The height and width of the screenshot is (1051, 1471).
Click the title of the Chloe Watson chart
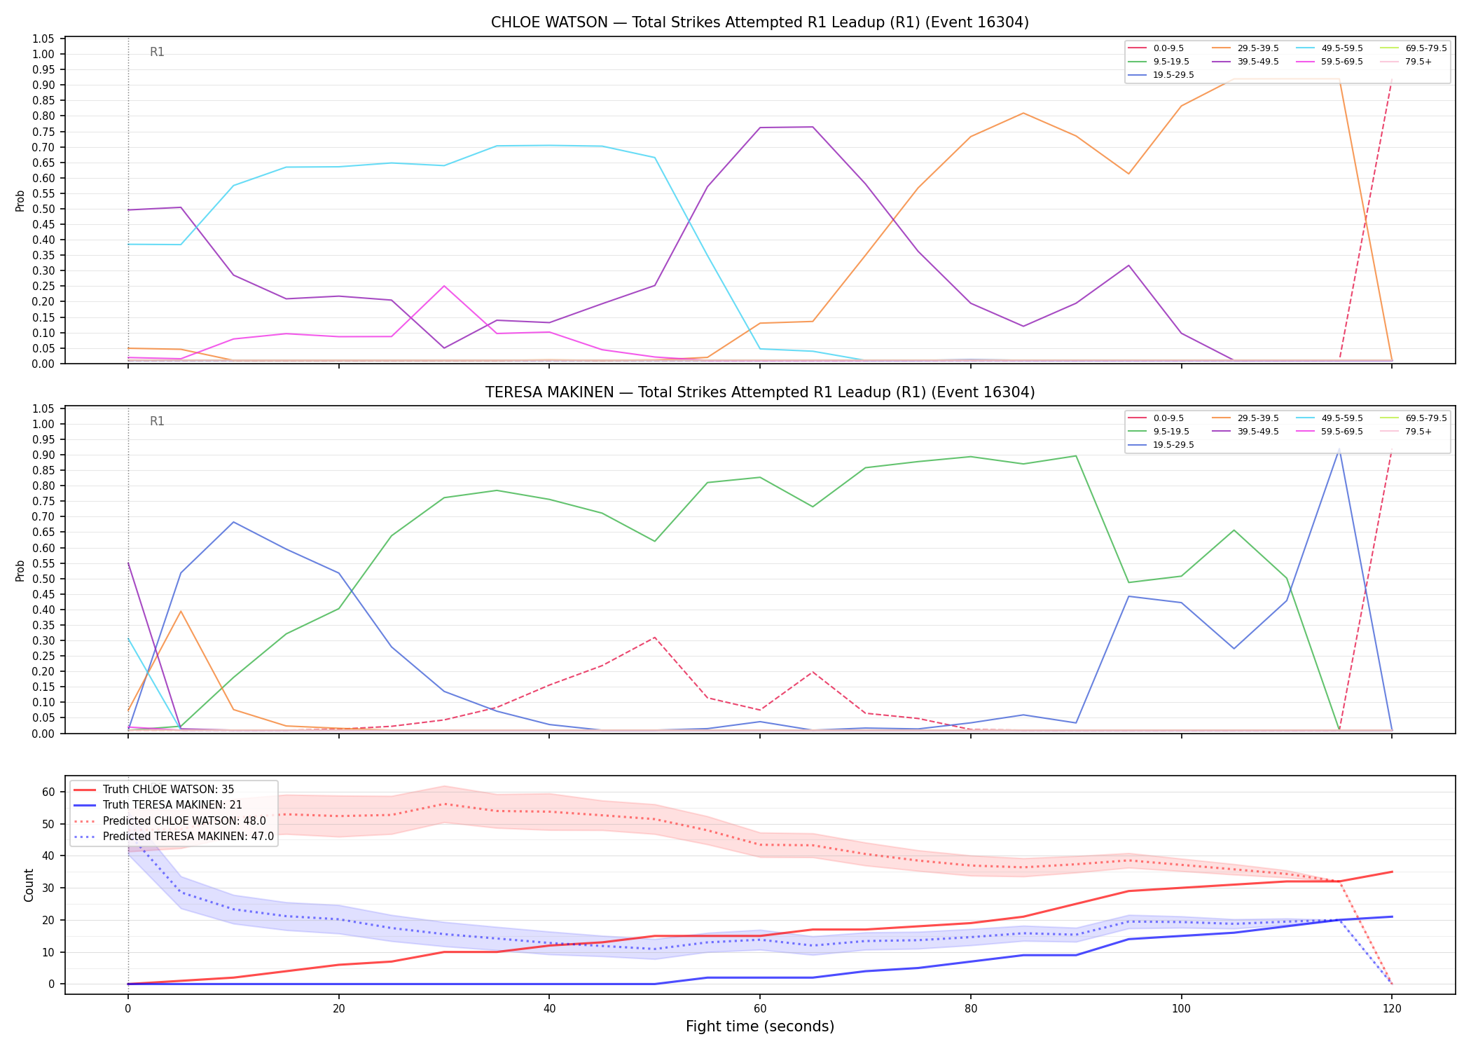760,22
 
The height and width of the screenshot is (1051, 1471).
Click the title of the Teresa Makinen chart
760,392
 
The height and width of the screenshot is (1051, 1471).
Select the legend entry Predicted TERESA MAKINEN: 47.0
173,837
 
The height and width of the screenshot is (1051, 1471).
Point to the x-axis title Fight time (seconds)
760,1026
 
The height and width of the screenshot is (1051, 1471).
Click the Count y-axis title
29,885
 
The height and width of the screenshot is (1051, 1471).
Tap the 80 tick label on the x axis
970,1009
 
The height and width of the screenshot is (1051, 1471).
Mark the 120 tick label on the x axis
1391,1009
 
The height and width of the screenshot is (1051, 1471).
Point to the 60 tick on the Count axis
49,792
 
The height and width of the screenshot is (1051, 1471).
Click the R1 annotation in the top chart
157,52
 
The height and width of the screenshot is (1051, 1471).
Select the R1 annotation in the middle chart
157,421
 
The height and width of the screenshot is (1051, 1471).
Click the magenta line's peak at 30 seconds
444,286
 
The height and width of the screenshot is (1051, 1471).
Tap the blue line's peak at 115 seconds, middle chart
1339,449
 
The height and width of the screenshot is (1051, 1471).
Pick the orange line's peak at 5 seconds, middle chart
181,611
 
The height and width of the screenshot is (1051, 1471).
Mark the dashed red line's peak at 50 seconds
655,638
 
